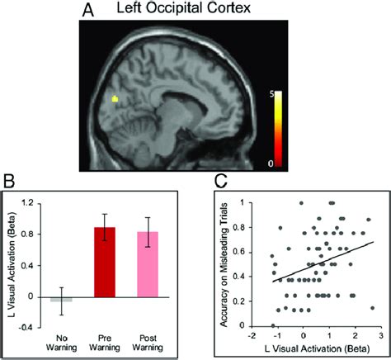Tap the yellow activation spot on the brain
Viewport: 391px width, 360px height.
click(x=115, y=99)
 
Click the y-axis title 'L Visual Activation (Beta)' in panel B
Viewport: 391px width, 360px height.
click(x=9, y=264)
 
